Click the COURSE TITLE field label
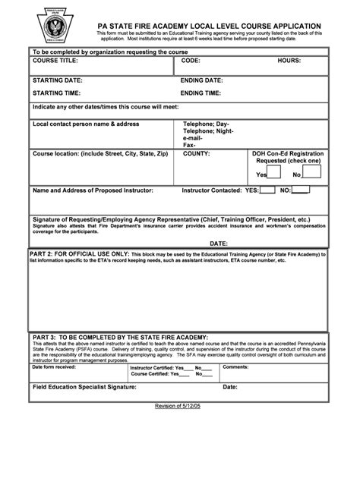(56, 60)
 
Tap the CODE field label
(191, 60)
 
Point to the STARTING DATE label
(58, 80)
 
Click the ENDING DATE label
(202, 80)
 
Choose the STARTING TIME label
(58, 93)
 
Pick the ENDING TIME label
(201, 93)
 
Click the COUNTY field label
(197, 153)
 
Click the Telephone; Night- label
(207, 131)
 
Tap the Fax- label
(190, 145)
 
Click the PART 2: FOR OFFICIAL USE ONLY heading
(79, 253)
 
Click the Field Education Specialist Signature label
(84, 387)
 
